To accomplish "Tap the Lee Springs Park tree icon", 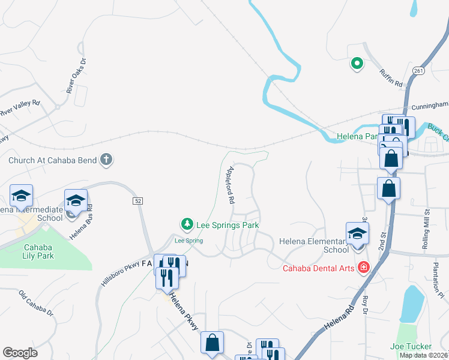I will pos(187,224).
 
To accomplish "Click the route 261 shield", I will pos(418,71).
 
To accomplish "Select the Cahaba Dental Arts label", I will pos(318,268).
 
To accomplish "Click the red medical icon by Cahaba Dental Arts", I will pos(363,267).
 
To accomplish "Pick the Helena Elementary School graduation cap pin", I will pos(357,233).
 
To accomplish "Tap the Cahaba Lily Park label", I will pos(39,251).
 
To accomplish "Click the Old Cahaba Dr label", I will pos(36,304).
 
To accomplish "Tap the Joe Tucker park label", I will pos(411,346).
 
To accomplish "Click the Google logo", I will pos(20,353).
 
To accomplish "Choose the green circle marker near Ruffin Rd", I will pos(356,63).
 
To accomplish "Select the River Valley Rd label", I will pos(19,108).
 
